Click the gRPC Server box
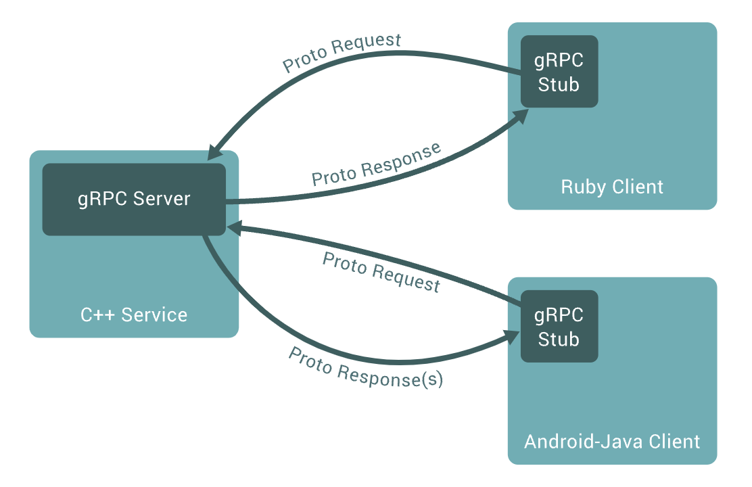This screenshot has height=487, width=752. point(134,199)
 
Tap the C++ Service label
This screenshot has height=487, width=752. point(134,315)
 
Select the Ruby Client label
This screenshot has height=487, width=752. point(612,187)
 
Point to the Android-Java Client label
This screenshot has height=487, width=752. point(612,442)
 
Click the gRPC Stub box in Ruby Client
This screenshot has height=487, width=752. point(559,72)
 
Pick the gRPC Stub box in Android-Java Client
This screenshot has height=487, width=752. point(559,326)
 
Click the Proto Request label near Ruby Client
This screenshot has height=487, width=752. point(342,52)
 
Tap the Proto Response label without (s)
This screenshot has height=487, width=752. point(377,164)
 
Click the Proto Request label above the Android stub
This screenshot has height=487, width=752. point(381,272)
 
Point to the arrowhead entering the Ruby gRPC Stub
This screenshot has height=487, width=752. point(521,116)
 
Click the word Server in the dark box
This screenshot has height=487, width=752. point(162,199)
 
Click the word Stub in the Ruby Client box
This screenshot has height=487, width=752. point(559,85)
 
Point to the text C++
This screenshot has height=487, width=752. point(97,315)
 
